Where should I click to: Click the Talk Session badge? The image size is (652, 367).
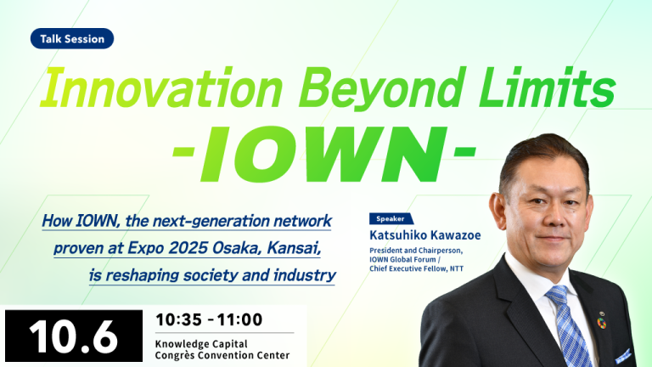72,39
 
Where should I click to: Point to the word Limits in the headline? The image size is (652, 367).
548,88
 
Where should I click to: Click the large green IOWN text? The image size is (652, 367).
323,155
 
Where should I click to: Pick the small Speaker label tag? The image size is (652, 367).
391,218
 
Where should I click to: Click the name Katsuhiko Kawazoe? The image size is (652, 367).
425,235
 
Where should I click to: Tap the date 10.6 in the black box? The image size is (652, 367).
73,336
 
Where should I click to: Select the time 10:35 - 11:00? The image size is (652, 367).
209,319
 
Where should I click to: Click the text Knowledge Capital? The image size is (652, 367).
201,344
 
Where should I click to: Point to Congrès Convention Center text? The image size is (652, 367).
222,355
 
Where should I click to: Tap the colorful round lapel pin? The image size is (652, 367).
601,323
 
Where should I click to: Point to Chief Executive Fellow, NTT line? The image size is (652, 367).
416,268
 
